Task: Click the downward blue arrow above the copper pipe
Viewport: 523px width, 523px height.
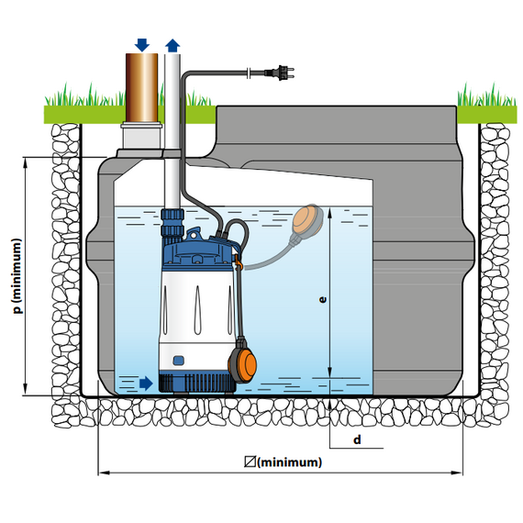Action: (x=142, y=45)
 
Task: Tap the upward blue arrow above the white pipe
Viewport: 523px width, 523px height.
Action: (x=172, y=46)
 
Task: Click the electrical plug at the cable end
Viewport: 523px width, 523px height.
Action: (x=280, y=72)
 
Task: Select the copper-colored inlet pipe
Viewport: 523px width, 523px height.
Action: (x=141, y=88)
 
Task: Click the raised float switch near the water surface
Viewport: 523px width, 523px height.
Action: (x=308, y=220)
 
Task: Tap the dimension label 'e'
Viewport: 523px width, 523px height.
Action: (x=323, y=299)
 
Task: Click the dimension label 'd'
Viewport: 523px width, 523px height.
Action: (x=357, y=440)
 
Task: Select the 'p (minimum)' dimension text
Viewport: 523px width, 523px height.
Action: (x=17, y=276)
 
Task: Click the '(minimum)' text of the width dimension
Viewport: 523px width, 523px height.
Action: (x=290, y=462)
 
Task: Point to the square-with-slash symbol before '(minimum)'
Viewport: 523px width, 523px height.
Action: (x=250, y=462)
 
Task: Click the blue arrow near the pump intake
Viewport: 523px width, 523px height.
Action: (x=146, y=384)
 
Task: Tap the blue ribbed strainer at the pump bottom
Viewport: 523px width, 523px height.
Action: (x=197, y=383)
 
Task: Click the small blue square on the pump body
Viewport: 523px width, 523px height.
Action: (x=179, y=361)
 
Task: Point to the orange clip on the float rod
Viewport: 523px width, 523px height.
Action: (x=237, y=261)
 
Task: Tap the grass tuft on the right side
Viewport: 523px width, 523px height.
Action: (x=485, y=95)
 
